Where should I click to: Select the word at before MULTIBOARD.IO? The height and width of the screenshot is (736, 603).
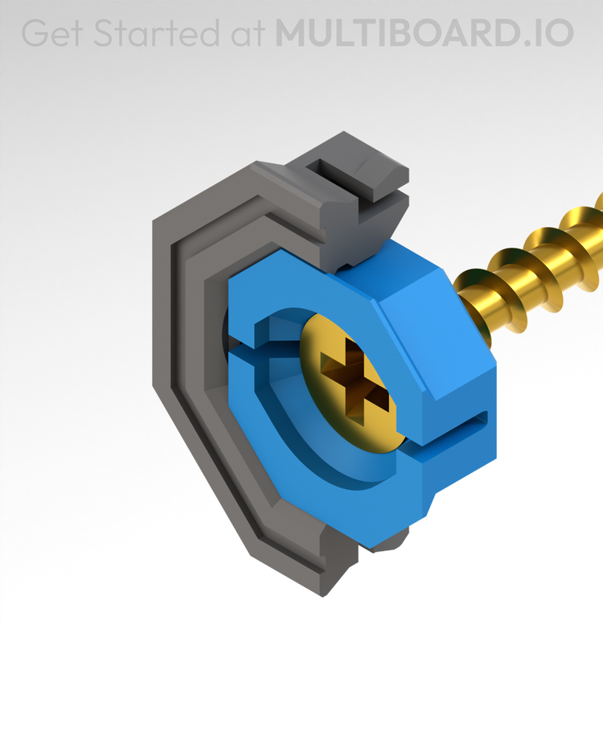[x=246, y=33]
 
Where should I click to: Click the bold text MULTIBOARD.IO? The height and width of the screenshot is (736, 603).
[x=424, y=33]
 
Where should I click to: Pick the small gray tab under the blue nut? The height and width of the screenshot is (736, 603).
[x=390, y=545]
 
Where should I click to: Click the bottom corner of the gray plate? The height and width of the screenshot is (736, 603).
[x=326, y=583]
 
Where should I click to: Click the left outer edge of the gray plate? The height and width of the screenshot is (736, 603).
[x=161, y=322]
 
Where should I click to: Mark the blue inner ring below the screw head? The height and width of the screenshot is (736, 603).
[x=338, y=467]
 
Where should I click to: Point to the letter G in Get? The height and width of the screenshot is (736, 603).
[x=35, y=33]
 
